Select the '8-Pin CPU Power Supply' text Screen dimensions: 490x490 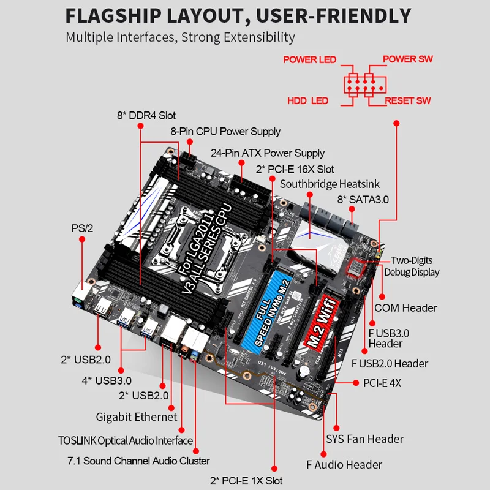pyautogui.click(x=225, y=131)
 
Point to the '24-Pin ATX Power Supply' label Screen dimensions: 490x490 pyautogui.click(x=268, y=153)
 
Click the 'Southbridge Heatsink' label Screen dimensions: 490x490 pyautogui.click(x=330, y=184)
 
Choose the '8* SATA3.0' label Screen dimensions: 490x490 pyautogui.click(x=363, y=200)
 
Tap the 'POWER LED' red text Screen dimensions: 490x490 pyautogui.click(x=309, y=60)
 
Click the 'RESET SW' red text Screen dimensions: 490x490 pyautogui.click(x=408, y=100)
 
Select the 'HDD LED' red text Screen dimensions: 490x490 pyautogui.click(x=308, y=100)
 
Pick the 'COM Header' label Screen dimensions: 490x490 pyautogui.click(x=405, y=307)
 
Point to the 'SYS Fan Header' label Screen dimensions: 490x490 pyautogui.click(x=364, y=439)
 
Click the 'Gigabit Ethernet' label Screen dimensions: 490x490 pyautogui.click(x=137, y=417)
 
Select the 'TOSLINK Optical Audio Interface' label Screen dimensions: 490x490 pyautogui.click(x=125, y=440)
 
